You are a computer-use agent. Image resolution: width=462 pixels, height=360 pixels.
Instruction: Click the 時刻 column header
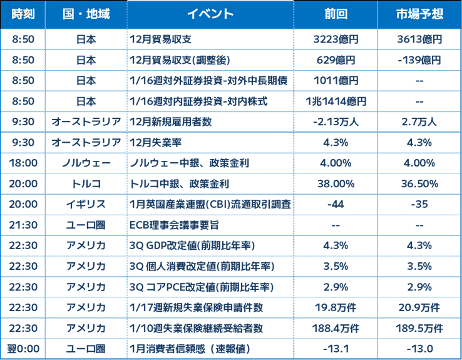coord(23,14)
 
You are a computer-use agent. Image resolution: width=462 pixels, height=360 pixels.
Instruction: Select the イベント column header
coord(210,14)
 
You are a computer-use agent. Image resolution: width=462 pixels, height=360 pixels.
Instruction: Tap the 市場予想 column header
coord(419,14)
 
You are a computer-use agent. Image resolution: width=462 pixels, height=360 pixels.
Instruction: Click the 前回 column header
coord(336,14)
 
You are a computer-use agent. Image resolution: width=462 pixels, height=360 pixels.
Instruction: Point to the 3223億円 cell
coord(336,39)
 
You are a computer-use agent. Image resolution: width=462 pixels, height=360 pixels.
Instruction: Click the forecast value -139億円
coord(419,60)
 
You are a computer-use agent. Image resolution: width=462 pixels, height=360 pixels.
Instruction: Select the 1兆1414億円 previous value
coord(336,101)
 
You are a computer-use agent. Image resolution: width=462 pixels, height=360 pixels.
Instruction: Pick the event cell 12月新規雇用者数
coord(171,121)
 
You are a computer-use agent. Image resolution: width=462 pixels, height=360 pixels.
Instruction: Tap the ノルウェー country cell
coord(86,163)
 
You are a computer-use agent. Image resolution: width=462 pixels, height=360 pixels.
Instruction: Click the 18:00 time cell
coord(23,163)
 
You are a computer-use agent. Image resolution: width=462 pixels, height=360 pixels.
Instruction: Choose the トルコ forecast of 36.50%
coord(419,184)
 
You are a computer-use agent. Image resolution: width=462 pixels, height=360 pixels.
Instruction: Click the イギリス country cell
coord(86,204)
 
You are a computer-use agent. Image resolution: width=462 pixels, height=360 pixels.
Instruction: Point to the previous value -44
coord(336,204)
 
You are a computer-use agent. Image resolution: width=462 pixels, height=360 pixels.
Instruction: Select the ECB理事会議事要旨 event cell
coord(174,225)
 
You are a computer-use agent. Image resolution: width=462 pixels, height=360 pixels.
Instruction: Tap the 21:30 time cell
coord(23,225)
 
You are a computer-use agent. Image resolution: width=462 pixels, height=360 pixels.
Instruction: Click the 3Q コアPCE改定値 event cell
coord(202,287)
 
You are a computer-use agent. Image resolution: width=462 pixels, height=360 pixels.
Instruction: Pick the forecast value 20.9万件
coord(419,307)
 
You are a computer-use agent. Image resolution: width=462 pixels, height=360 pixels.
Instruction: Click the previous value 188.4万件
coord(336,328)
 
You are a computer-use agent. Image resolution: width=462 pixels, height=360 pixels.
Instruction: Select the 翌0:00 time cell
coord(23,349)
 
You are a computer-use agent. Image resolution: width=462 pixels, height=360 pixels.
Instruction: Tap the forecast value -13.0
coord(419,349)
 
